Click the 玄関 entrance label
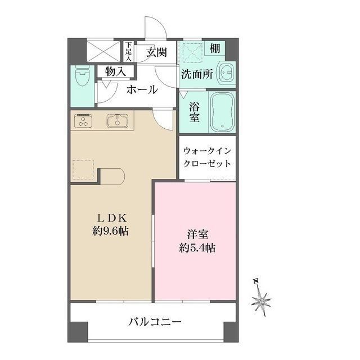click(x=156, y=53)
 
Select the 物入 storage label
click(x=115, y=71)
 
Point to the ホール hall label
click(x=141, y=90)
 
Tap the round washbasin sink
click(x=227, y=74)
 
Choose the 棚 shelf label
click(x=215, y=48)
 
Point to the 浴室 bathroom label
click(x=194, y=112)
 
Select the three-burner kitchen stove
click(x=84, y=120)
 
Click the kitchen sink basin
click(x=117, y=120)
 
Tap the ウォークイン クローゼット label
click(x=207, y=157)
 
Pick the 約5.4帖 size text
click(x=195, y=247)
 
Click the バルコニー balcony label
click(x=154, y=322)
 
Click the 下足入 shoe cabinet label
click(x=129, y=51)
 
